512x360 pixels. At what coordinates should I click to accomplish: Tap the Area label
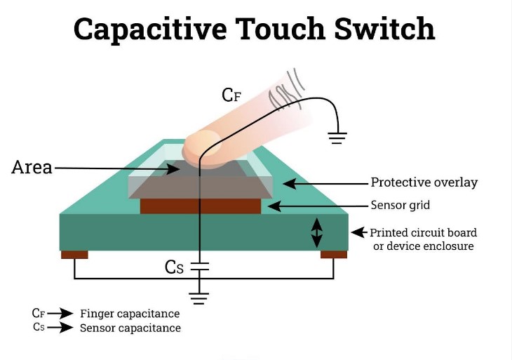point(32,168)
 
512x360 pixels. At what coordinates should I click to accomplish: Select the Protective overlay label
point(424,182)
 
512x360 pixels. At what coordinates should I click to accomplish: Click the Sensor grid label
point(400,206)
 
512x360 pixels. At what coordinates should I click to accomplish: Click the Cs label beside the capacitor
point(175,267)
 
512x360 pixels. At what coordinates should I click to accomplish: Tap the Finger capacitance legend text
point(130,314)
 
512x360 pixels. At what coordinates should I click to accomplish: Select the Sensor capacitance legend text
point(130,328)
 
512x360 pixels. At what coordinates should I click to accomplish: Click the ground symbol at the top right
point(338,138)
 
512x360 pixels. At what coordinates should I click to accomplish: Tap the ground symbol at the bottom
point(200,298)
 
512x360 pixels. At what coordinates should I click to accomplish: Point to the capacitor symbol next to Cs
point(200,267)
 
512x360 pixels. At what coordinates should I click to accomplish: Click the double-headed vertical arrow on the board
point(316,232)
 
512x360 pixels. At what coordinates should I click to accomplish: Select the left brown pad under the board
point(74,254)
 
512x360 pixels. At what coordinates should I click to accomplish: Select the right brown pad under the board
point(334,254)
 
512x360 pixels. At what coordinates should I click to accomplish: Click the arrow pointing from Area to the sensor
point(112,168)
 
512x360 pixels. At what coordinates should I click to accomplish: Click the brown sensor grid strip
point(201,206)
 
